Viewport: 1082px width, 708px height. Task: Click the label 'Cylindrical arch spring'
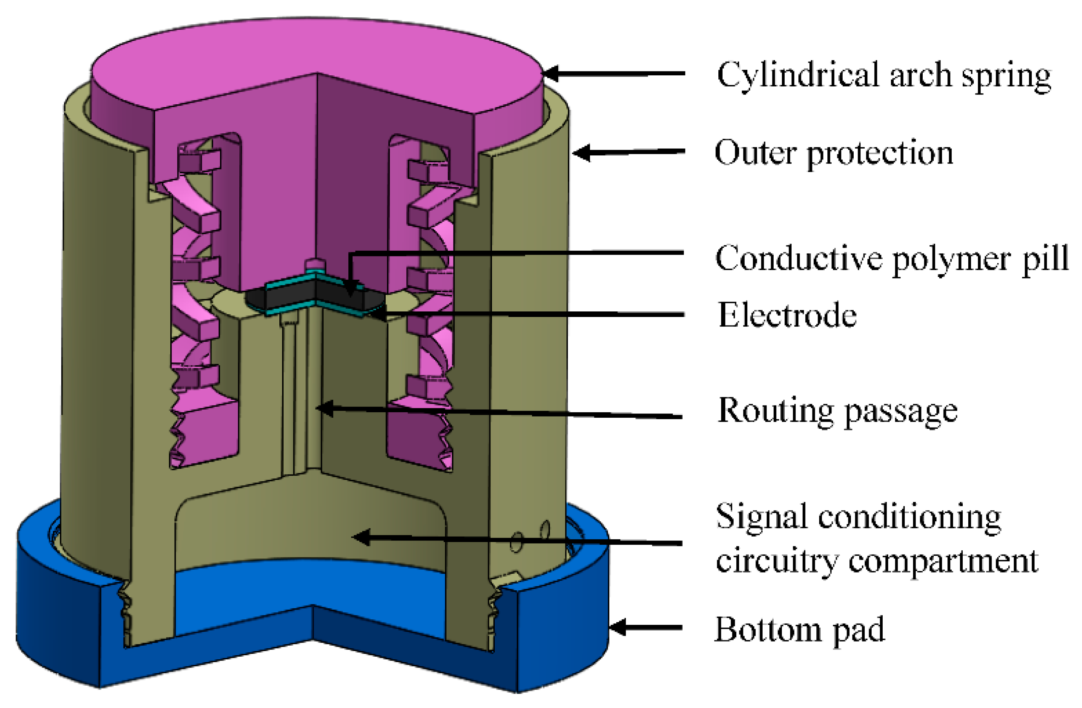pyautogui.click(x=883, y=75)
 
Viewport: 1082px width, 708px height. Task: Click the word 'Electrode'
pyautogui.click(x=787, y=315)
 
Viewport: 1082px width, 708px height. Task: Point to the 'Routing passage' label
pyautogui.click(x=837, y=410)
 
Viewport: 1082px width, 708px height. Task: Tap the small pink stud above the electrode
pyautogui.click(x=315, y=264)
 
